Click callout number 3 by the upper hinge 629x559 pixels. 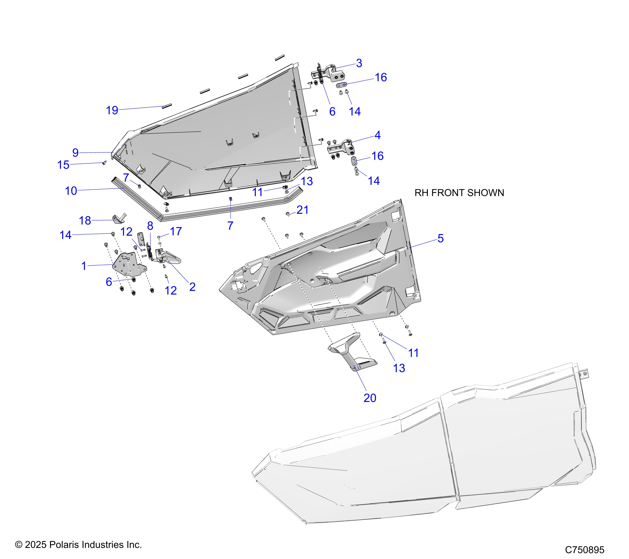point(359,63)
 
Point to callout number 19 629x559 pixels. point(112,110)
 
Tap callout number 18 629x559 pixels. point(85,221)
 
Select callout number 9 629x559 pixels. point(75,153)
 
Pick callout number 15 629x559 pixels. point(63,165)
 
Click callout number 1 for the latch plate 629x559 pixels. point(84,266)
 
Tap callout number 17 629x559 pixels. point(176,231)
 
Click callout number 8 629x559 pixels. point(150,226)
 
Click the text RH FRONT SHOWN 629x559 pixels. point(459,193)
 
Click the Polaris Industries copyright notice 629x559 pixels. point(78,545)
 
